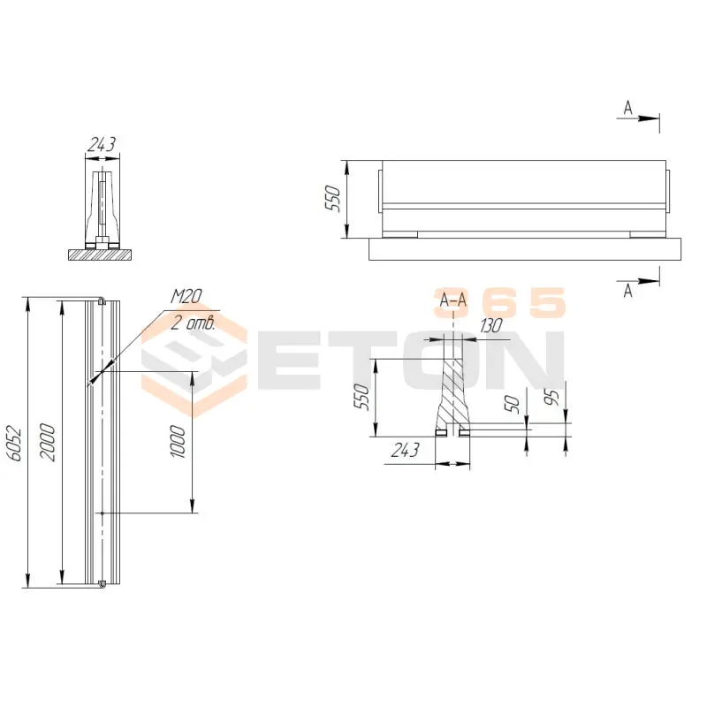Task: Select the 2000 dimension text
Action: click(49, 442)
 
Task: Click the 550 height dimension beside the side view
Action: click(333, 199)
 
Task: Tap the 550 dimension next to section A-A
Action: click(360, 397)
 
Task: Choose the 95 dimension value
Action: click(553, 397)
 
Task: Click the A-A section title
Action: click(452, 301)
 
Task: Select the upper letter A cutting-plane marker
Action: click(627, 107)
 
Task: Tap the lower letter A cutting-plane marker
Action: click(627, 291)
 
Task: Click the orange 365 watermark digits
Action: click(498, 303)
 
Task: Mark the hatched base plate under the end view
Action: click(102, 255)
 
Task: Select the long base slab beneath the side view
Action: click(526, 248)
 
